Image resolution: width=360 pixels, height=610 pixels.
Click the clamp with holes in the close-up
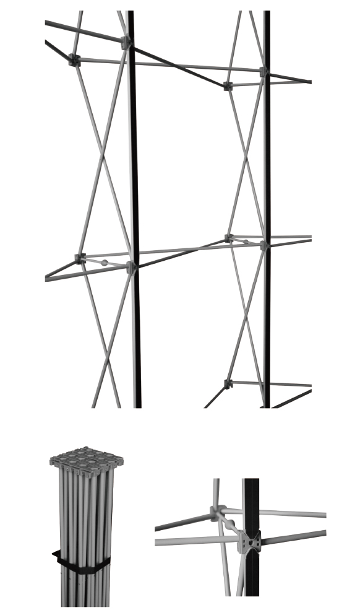click(x=251, y=541)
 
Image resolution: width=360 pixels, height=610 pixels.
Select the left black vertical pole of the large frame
click(x=134, y=186)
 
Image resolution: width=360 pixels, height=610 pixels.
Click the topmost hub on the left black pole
click(x=126, y=43)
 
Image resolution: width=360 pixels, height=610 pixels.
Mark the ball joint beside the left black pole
click(x=105, y=263)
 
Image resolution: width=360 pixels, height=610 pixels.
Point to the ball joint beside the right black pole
click(x=246, y=242)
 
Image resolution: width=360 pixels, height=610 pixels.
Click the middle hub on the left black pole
click(x=131, y=268)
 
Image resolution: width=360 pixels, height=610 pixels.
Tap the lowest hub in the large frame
click(x=228, y=385)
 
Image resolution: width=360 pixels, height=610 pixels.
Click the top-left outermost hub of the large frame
click(x=74, y=60)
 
